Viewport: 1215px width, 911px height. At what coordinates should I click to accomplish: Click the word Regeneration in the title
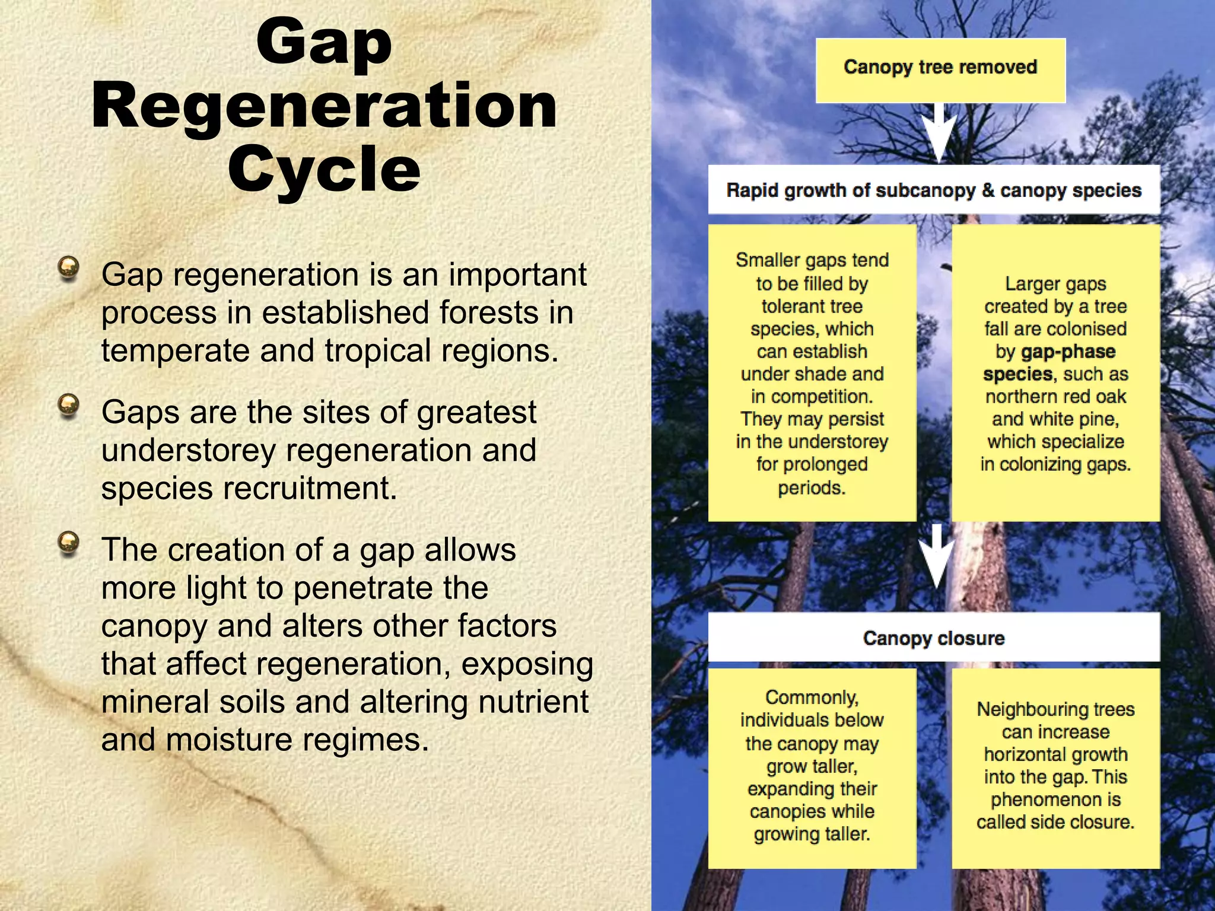pyautogui.click(x=324, y=107)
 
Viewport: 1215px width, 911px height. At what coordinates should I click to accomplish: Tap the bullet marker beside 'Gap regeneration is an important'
pyautogui.click(x=69, y=267)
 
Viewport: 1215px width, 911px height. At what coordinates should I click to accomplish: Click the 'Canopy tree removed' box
pyautogui.click(x=940, y=70)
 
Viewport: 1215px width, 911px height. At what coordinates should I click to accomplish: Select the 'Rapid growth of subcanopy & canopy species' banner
pyautogui.click(x=934, y=190)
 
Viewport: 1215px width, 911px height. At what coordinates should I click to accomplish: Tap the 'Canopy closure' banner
pyautogui.click(x=934, y=638)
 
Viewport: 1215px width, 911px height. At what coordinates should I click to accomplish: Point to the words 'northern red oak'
pyautogui.click(x=1055, y=396)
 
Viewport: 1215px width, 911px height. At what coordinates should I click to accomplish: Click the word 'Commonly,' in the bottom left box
pyautogui.click(x=812, y=697)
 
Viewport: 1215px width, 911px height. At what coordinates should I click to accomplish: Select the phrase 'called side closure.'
pyautogui.click(x=1055, y=823)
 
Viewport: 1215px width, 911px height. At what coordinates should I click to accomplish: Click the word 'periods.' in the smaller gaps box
pyautogui.click(x=812, y=488)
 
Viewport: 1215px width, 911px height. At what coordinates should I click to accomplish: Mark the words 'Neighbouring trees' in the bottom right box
pyautogui.click(x=1055, y=709)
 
